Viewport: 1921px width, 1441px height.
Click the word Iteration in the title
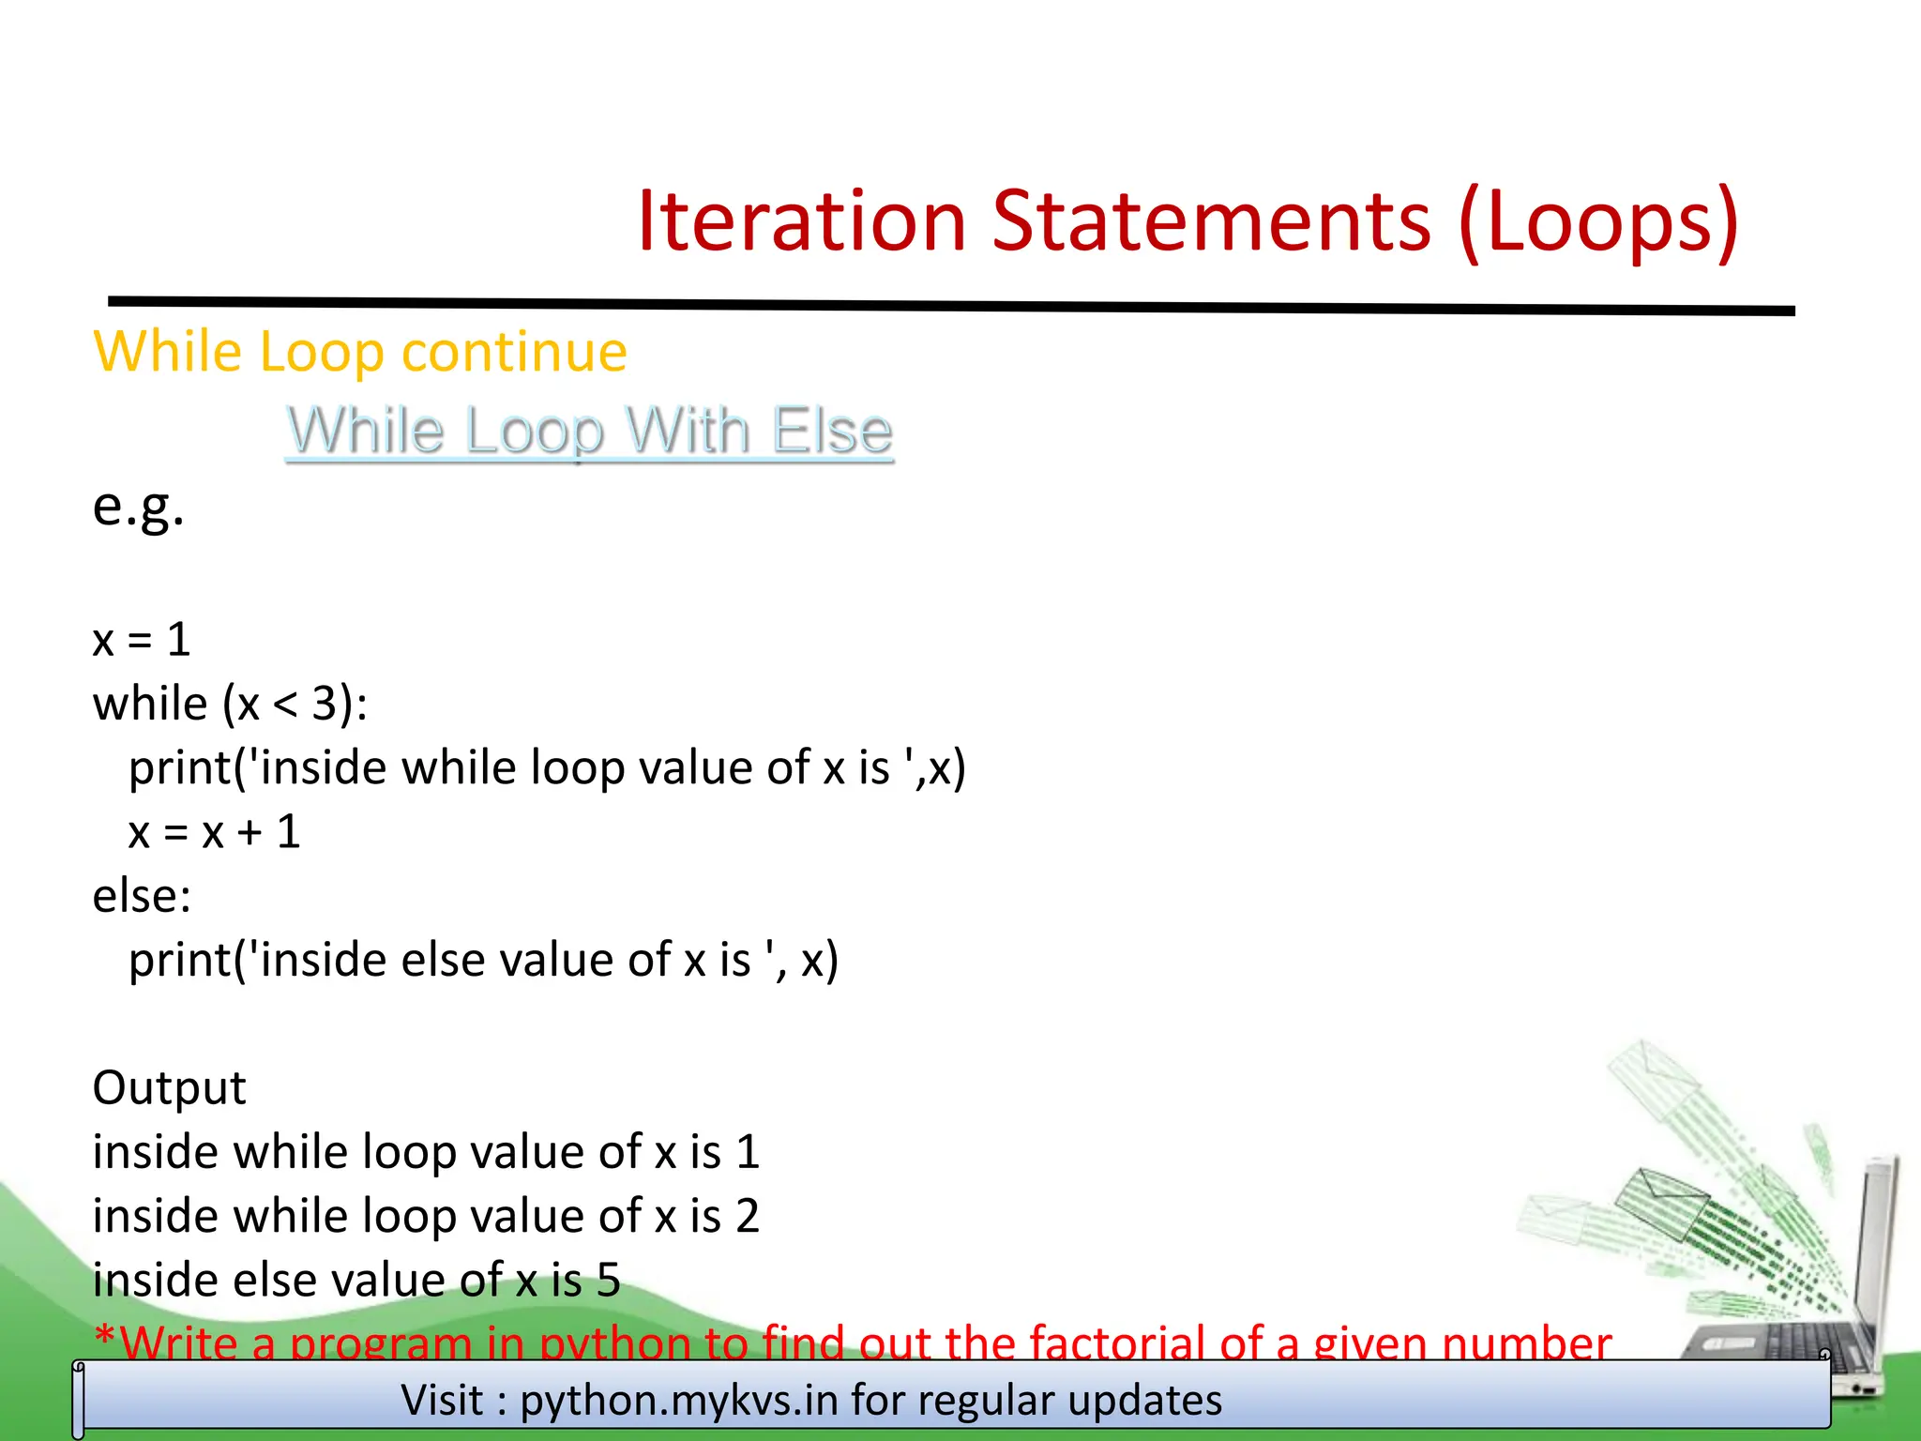pyautogui.click(x=801, y=221)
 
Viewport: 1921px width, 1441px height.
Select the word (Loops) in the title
pyautogui.click(x=1598, y=221)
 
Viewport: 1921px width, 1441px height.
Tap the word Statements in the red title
pyautogui.click(x=1210, y=221)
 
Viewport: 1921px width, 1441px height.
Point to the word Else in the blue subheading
pyautogui.click(x=831, y=432)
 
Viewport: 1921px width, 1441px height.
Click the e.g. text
pyautogui.click(x=138, y=507)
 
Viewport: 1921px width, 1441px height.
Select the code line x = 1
pyautogui.click(x=142, y=640)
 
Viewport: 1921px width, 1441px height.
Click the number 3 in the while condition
pyautogui.click(x=325, y=704)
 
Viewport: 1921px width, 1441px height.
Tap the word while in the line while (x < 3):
pyautogui.click(x=149, y=704)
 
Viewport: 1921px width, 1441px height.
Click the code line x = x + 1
pyautogui.click(x=214, y=832)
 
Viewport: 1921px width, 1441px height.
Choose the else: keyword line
pyautogui.click(x=142, y=896)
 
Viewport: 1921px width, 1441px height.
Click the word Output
pyautogui.click(x=169, y=1088)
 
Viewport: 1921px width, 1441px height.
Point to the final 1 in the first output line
pyautogui.click(x=748, y=1152)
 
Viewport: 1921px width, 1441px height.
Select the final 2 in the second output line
pyautogui.click(x=748, y=1216)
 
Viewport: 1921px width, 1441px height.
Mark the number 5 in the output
pyautogui.click(x=609, y=1281)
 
